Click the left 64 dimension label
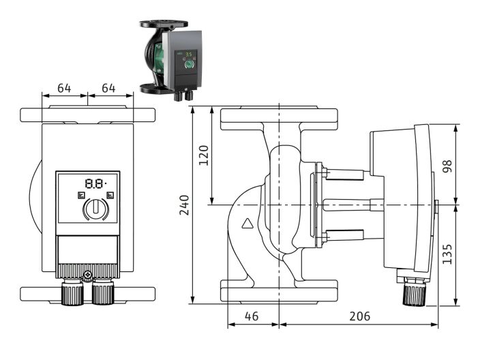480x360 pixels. (x=64, y=88)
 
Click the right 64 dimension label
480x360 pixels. (x=108, y=88)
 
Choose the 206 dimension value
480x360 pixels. (x=359, y=316)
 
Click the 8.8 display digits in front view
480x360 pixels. (x=95, y=183)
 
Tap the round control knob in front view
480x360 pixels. (x=95, y=208)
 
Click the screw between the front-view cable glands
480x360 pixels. (x=87, y=275)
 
